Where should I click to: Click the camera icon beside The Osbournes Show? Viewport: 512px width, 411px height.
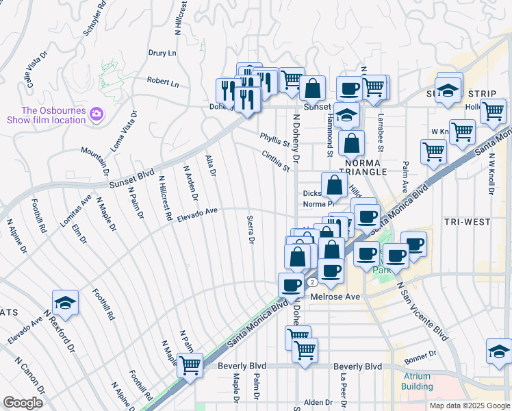97,114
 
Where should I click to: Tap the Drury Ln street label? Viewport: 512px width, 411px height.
162,53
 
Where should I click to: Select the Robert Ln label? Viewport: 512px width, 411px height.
162,82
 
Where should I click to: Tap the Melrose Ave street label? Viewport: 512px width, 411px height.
335,297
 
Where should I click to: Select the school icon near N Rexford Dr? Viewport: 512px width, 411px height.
65,302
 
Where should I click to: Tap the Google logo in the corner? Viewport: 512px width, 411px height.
23,403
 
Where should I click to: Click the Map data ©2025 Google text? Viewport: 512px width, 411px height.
469,406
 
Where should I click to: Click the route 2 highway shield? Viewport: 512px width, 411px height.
312,282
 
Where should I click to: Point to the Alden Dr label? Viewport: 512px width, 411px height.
318,403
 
